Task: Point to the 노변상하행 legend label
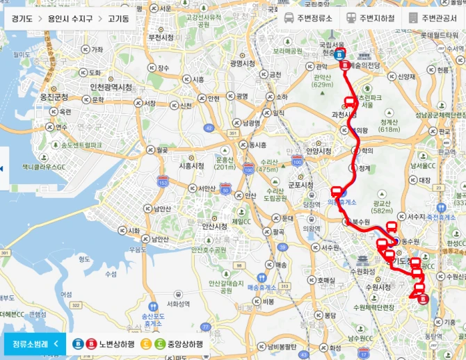[x=113, y=343]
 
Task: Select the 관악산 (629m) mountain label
[x=322, y=81]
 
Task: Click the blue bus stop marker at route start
[x=339, y=54]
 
